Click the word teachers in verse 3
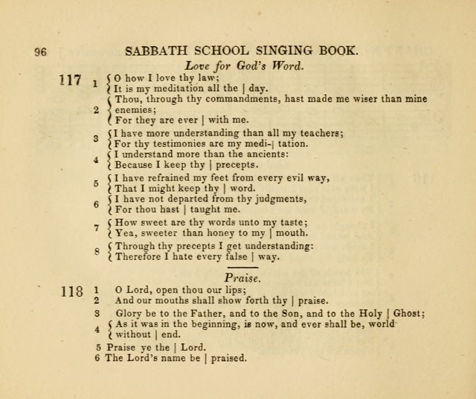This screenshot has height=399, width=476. pyautogui.click(x=320, y=134)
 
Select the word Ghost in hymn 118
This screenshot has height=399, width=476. pyautogui.click(x=404, y=314)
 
